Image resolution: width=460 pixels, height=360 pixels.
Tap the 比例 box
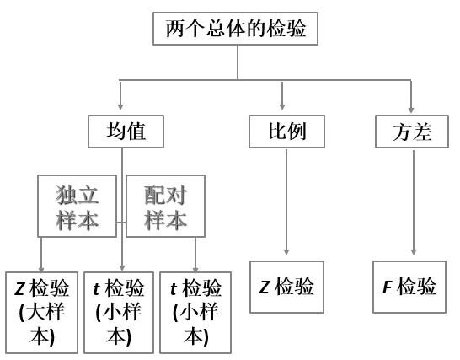[286, 131]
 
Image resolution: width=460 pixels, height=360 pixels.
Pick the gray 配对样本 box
[166, 206]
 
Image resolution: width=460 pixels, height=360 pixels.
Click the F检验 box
[410, 287]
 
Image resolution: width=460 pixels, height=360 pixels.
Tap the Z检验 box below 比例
[286, 287]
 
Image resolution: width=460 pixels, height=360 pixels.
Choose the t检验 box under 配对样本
[195, 310]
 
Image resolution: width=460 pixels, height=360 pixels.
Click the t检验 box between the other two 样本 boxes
[118, 310]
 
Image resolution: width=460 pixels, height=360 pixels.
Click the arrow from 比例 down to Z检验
[286, 202]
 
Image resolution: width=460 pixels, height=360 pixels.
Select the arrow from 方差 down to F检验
[412, 202]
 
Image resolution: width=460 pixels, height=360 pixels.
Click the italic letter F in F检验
[388, 287]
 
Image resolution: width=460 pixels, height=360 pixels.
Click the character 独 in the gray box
[66, 196]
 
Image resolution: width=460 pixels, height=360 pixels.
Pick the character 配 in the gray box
[155, 196]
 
